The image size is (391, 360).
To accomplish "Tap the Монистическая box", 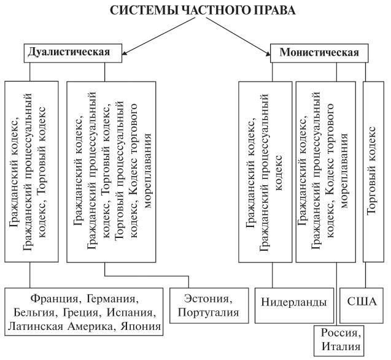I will [319, 52].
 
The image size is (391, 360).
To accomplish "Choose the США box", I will [362, 302].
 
